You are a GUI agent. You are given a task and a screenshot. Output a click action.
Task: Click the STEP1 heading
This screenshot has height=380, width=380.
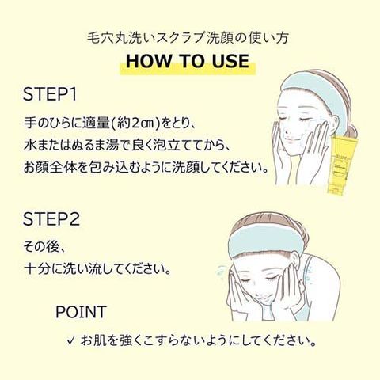pos(50,94)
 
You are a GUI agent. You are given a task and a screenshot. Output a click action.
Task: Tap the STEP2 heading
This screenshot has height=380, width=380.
pos(51,219)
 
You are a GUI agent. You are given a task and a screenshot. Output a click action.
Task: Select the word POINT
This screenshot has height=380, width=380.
pos(81,312)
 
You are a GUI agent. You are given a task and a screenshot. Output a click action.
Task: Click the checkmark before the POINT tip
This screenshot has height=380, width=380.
pos(70,341)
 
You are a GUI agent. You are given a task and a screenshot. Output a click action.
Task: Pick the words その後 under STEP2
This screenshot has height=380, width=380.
pos(40,247)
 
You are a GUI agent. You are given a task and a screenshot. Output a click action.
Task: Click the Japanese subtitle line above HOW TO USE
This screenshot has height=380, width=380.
pos(188,38)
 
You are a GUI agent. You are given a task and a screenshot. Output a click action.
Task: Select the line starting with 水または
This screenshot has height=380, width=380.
pos(126,146)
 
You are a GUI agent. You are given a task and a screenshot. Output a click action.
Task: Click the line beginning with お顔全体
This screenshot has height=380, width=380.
pos(146,168)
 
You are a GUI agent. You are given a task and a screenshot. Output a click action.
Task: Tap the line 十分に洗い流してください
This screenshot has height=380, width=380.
pos(97,269)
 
